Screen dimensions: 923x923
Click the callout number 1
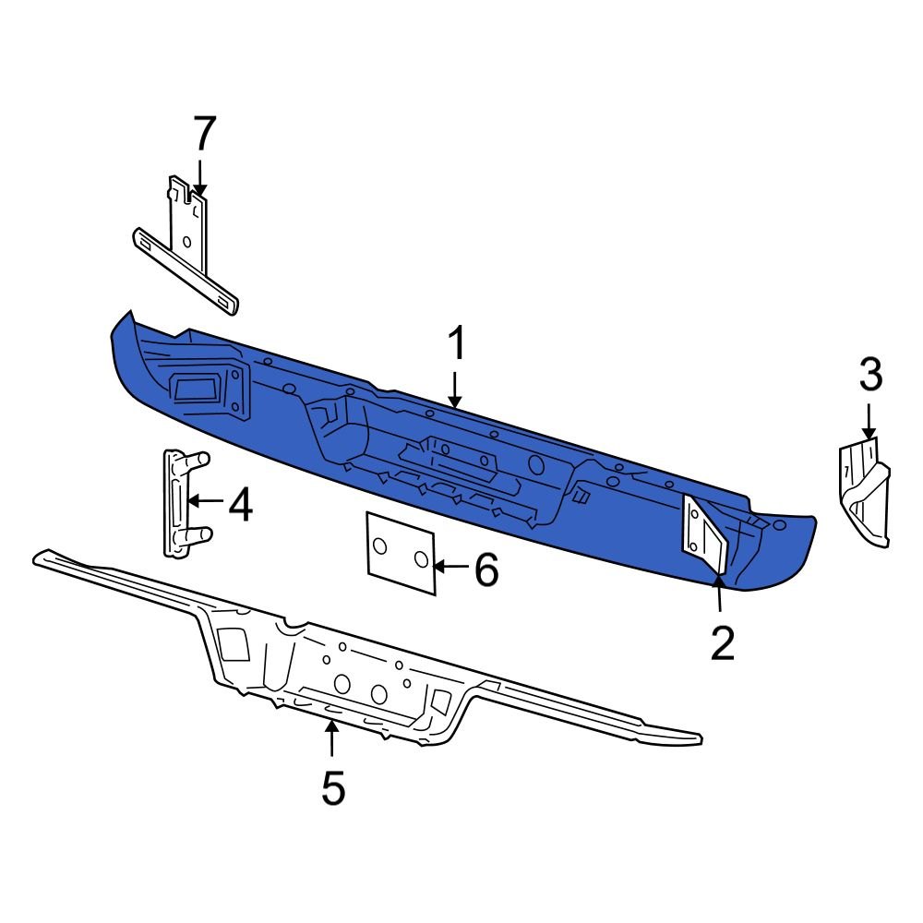(x=457, y=346)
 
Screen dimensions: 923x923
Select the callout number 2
(x=722, y=642)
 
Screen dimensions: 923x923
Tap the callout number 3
(x=870, y=376)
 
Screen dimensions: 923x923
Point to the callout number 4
(x=240, y=506)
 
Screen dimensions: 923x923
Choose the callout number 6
(x=486, y=570)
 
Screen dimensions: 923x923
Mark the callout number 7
(x=203, y=134)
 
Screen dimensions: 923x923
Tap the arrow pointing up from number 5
(x=331, y=738)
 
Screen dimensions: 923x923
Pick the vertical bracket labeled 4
(x=177, y=503)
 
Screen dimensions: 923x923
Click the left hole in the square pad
(x=380, y=547)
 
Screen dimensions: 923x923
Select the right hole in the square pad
(x=420, y=558)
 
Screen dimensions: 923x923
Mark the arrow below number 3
(x=869, y=420)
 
